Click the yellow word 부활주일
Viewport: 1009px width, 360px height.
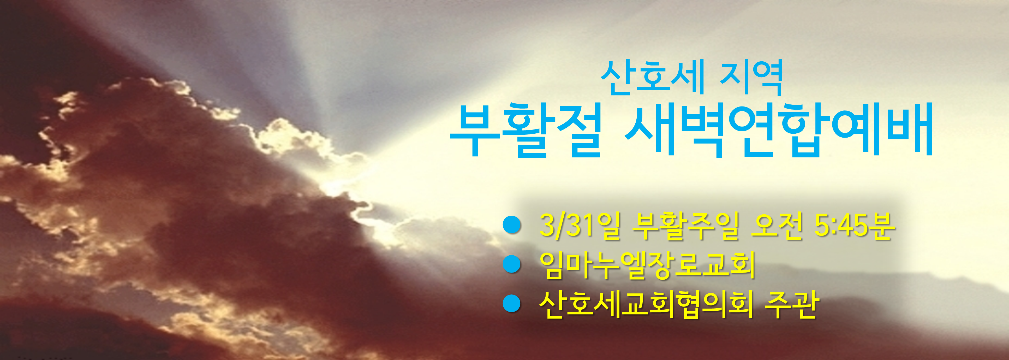pos(685,226)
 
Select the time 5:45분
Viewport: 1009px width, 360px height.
pos(854,226)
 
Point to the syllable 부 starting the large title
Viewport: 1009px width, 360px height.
pos(474,131)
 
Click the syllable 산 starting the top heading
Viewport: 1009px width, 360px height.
pos(617,78)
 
